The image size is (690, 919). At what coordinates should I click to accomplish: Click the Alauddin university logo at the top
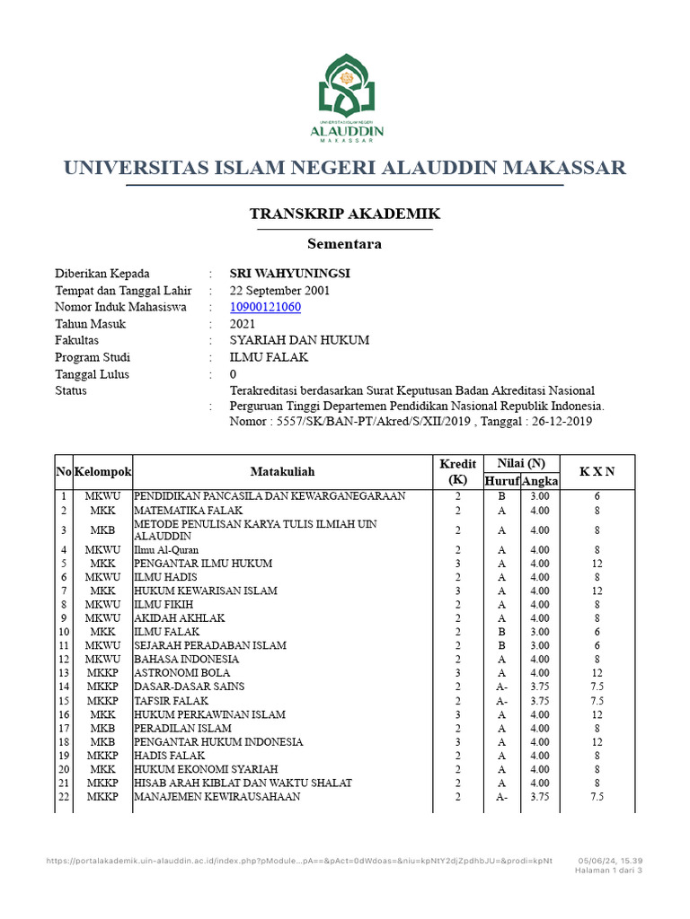(x=346, y=99)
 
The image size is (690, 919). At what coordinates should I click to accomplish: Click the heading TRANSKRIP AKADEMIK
(x=344, y=214)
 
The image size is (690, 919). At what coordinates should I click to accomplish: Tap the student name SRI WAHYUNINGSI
(x=290, y=274)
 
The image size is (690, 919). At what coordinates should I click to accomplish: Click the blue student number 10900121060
(x=266, y=307)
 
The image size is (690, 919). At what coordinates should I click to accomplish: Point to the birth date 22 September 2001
(x=280, y=291)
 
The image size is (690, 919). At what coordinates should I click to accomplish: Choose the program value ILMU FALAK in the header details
(x=270, y=357)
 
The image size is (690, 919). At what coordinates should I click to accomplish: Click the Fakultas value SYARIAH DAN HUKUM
(x=299, y=341)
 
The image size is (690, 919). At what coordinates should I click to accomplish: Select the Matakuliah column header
(x=282, y=471)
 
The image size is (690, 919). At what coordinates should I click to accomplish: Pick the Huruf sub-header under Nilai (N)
(x=501, y=482)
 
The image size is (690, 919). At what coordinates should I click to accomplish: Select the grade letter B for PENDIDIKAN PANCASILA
(x=501, y=496)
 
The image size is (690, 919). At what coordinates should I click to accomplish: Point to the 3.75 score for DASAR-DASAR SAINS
(x=540, y=687)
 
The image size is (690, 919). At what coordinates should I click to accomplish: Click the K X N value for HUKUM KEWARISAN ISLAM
(x=597, y=591)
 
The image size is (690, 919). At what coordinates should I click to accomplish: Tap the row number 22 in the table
(x=64, y=797)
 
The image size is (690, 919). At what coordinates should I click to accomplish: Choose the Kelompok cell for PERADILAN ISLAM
(x=102, y=729)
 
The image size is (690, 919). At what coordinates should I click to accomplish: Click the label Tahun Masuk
(x=91, y=324)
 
